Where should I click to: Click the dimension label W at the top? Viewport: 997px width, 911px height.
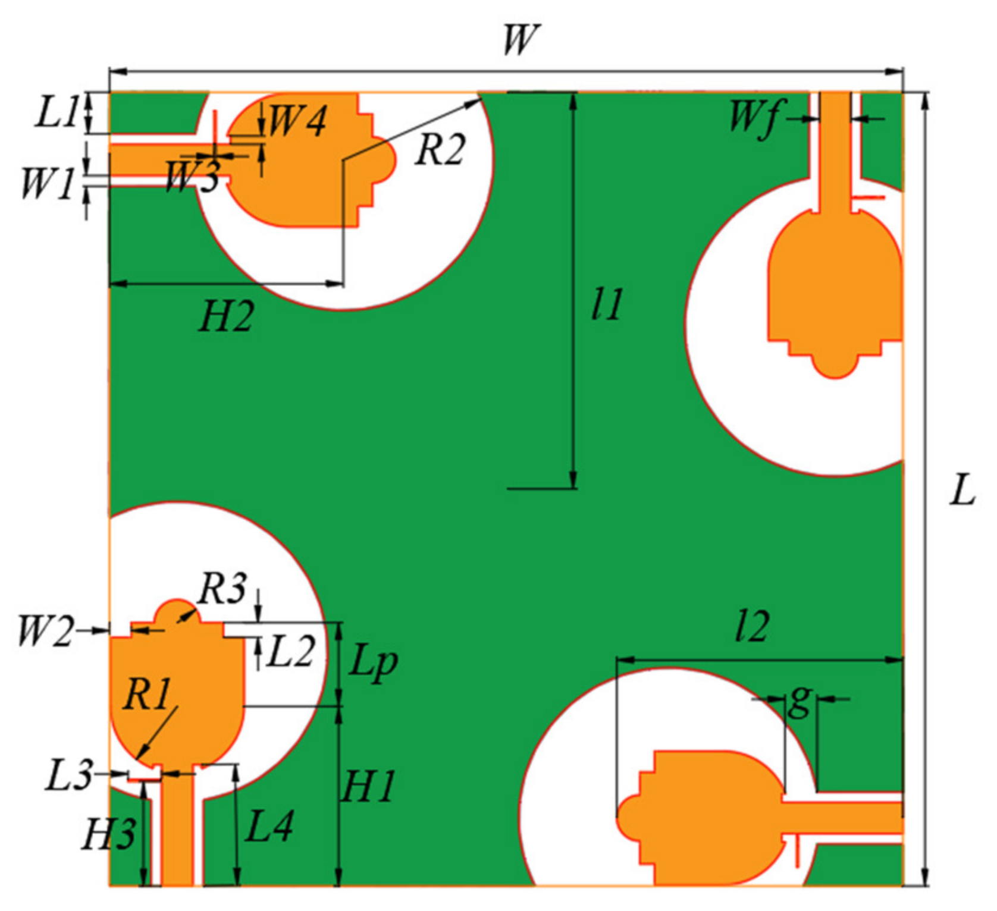521,40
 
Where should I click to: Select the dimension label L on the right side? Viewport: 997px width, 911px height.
961,491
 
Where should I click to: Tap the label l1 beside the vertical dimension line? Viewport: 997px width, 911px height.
607,304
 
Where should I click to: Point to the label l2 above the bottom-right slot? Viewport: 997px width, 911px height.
752,627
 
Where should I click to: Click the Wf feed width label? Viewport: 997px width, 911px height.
754,118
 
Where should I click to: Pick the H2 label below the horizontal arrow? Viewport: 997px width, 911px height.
227,316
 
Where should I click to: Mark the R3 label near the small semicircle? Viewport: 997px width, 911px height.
222,589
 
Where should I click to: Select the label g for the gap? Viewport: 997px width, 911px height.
800,702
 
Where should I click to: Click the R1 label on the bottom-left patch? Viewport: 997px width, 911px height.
146,693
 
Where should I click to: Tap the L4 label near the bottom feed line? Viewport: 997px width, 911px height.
269,827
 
